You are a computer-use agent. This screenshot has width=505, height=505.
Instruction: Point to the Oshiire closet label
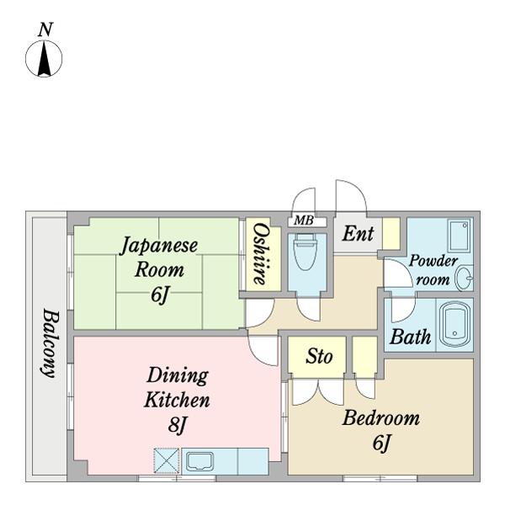click(260, 253)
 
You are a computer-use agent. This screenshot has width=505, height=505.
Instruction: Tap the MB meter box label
click(301, 221)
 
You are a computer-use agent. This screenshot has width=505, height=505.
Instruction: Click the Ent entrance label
click(358, 233)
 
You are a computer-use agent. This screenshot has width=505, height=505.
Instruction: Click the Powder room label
click(433, 270)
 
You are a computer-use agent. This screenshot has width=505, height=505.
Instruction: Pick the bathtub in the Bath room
click(454, 324)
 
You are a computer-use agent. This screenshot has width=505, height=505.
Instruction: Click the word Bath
click(411, 338)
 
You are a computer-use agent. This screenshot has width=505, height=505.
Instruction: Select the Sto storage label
click(319, 356)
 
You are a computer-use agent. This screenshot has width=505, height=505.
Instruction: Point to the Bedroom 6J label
click(380, 429)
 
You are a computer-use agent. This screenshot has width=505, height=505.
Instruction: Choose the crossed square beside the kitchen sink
click(167, 460)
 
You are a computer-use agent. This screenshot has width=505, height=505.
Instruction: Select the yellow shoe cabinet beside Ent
click(391, 233)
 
